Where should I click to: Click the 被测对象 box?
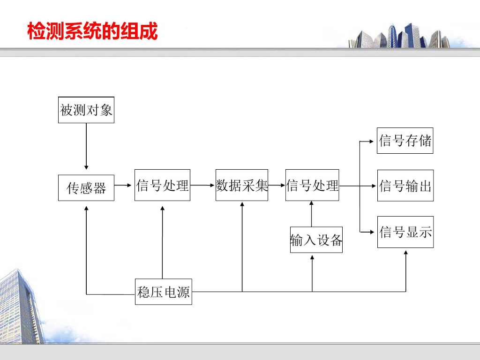tap(86, 110)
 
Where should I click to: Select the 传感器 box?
tap(86, 188)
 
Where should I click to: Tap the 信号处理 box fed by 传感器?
tap(162, 185)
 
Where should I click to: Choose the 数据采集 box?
tap(242, 185)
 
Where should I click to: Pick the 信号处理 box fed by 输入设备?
tap(312, 185)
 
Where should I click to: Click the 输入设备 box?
tap(316, 240)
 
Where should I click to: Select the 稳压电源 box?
tap(164, 292)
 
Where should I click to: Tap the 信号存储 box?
tap(405, 141)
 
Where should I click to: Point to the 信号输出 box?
tap(405, 186)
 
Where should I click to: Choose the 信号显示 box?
tap(405, 232)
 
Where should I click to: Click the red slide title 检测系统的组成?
tap(92, 31)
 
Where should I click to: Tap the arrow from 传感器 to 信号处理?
tap(124, 185)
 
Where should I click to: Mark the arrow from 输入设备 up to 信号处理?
tap(312, 214)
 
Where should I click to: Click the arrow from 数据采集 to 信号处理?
tap(277, 185)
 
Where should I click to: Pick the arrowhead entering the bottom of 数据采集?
tap(242, 204)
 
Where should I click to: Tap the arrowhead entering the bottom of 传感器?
tap(86, 204)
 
